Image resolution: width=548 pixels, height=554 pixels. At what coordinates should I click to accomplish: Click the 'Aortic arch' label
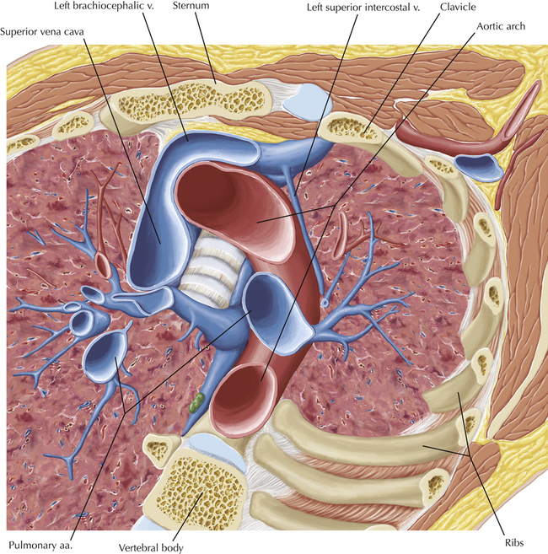501,27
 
